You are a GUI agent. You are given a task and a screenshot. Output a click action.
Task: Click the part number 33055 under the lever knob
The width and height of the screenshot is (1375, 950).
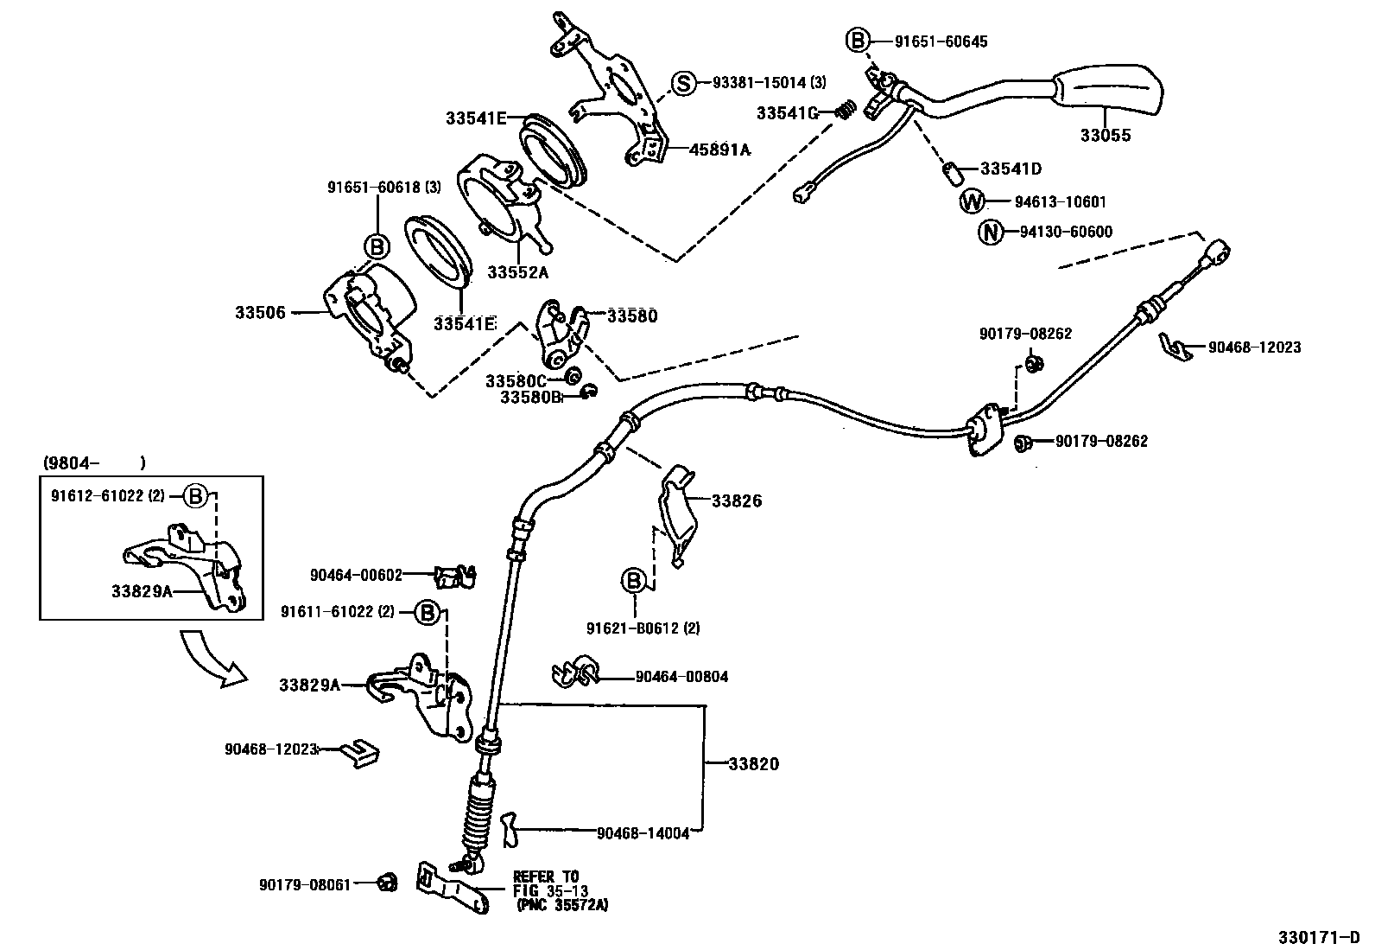pyautogui.click(x=1105, y=136)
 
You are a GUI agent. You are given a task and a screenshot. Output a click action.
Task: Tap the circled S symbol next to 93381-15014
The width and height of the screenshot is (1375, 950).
pyautogui.click(x=683, y=83)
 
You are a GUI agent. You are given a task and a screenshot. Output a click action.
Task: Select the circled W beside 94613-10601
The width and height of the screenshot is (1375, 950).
pyautogui.click(x=973, y=201)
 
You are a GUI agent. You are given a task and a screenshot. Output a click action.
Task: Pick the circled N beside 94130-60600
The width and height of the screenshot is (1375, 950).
pyautogui.click(x=990, y=232)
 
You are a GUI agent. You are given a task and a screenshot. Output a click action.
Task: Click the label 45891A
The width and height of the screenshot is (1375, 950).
pyautogui.click(x=719, y=150)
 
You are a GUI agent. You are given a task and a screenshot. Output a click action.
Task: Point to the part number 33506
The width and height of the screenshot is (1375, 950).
pyautogui.click(x=260, y=312)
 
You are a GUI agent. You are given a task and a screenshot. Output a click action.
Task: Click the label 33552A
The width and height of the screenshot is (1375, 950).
pyautogui.click(x=517, y=271)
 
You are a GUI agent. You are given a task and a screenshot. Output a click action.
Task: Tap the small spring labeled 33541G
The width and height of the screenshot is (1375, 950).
pyautogui.click(x=847, y=110)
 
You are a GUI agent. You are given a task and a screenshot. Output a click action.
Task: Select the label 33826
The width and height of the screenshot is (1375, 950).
pyautogui.click(x=737, y=501)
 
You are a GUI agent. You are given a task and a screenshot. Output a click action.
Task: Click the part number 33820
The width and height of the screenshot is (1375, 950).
pyautogui.click(x=753, y=764)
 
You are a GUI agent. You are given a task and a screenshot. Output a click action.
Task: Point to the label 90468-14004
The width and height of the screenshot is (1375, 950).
pyautogui.click(x=643, y=833)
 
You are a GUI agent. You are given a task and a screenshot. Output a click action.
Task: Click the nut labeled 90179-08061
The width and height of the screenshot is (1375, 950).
pyautogui.click(x=388, y=883)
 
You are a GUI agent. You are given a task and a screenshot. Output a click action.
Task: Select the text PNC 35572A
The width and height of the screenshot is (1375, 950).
pyautogui.click(x=562, y=905)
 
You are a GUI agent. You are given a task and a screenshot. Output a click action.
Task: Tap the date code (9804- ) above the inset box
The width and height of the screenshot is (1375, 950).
pyautogui.click(x=93, y=462)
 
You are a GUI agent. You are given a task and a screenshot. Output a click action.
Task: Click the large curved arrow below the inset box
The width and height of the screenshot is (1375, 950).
pyautogui.click(x=211, y=659)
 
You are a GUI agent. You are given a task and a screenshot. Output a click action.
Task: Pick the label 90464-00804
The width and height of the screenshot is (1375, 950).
pyautogui.click(x=681, y=677)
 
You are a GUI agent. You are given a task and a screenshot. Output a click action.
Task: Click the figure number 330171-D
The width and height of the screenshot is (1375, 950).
pyautogui.click(x=1319, y=937)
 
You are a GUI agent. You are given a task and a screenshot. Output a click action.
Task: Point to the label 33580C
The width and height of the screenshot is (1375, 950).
pyautogui.click(x=516, y=380)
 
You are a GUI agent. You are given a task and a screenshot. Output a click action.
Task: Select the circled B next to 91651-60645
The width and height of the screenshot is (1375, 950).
pyautogui.click(x=856, y=40)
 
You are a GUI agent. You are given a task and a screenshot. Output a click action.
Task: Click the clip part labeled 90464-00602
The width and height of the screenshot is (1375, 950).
pyautogui.click(x=455, y=575)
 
